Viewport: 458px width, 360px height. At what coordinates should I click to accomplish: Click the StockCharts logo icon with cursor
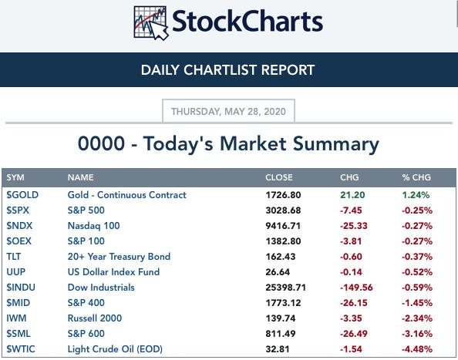pos(151,23)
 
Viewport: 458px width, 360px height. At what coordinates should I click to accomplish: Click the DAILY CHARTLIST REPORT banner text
pos(227,70)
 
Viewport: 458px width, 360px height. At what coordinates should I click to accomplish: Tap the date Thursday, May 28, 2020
pos(228,111)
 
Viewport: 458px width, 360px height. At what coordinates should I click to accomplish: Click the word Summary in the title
pos(336,144)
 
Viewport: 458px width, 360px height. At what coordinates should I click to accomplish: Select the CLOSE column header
pos(279,177)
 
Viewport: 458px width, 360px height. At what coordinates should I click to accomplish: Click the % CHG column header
pos(416,177)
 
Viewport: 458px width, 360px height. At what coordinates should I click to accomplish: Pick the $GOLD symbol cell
pos(22,195)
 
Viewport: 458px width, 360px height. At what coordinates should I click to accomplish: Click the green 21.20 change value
pos(352,195)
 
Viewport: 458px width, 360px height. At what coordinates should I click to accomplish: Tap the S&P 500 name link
pos(86,210)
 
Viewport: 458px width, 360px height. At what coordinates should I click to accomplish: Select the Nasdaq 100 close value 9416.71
pos(283,226)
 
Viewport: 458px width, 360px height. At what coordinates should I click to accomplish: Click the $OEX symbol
pos(19,241)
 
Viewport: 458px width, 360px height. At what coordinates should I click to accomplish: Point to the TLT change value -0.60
pos(351,257)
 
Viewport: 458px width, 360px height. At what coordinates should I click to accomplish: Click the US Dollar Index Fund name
pos(113,272)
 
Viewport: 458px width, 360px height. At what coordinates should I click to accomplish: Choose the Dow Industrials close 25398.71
pos(285,288)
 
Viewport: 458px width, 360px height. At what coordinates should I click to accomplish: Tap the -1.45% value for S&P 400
pos(417,303)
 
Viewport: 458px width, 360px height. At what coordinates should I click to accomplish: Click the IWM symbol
pos(16,318)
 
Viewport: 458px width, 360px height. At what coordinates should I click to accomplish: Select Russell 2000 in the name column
pos(95,318)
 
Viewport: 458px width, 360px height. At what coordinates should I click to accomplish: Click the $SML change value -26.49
pos(354,334)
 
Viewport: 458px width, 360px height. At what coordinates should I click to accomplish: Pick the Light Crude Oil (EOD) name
pos(115,349)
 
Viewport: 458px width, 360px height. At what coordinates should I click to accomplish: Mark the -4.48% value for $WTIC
pos(417,349)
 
